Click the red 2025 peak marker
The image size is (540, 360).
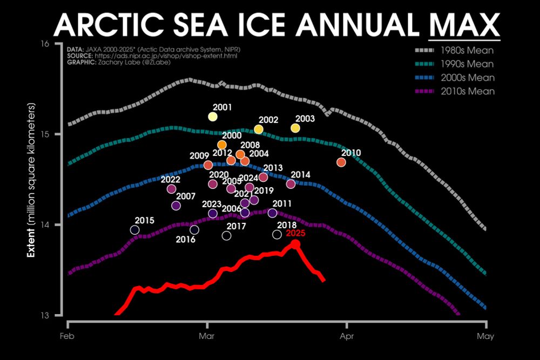coord(295,244)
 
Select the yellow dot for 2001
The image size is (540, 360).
coord(212,117)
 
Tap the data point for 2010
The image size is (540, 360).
coord(341,162)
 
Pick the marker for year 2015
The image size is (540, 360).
coord(134,230)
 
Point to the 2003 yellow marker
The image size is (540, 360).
coord(295,128)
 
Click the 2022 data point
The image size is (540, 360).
coord(171,189)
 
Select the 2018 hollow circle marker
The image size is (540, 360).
coord(277,234)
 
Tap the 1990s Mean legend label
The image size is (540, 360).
coord(467,65)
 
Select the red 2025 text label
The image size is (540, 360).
coord(295,234)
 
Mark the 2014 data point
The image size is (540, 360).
coord(291,184)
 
